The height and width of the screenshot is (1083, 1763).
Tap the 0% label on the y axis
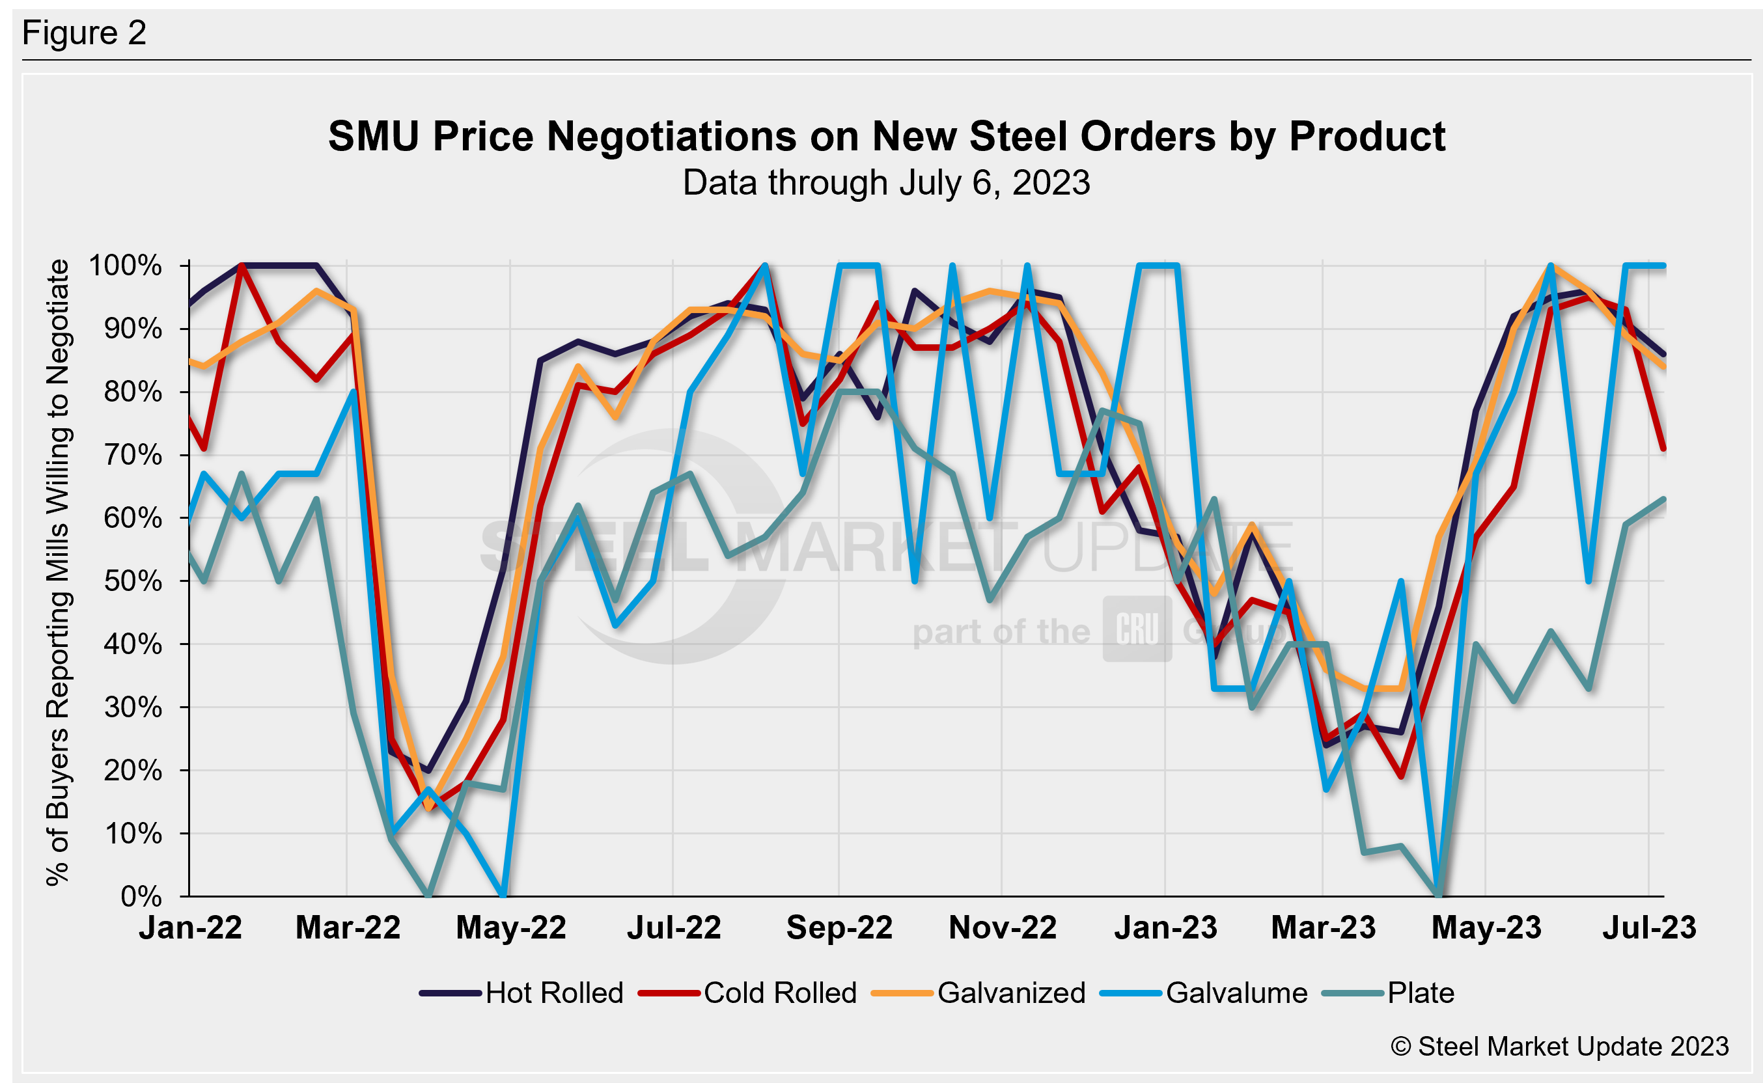[x=141, y=896]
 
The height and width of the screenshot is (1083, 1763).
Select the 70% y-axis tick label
[x=133, y=455]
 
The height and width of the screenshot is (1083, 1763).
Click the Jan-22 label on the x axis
[x=191, y=927]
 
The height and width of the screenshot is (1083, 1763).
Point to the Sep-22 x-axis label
[x=839, y=927]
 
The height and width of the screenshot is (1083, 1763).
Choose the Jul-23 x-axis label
[x=1649, y=927]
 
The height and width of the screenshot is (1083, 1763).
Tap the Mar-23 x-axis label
[x=1323, y=927]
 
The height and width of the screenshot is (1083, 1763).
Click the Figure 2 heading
[x=85, y=33]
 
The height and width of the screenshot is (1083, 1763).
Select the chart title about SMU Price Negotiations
[x=886, y=136]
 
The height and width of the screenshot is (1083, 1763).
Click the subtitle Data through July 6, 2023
[x=886, y=183]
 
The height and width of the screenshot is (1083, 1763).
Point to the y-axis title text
[x=57, y=573]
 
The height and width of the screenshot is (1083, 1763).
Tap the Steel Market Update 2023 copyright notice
[x=1559, y=1047]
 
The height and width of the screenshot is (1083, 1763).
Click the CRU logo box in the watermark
[x=1137, y=629]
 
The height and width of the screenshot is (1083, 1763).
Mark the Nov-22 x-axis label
[x=1002, y=927]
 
